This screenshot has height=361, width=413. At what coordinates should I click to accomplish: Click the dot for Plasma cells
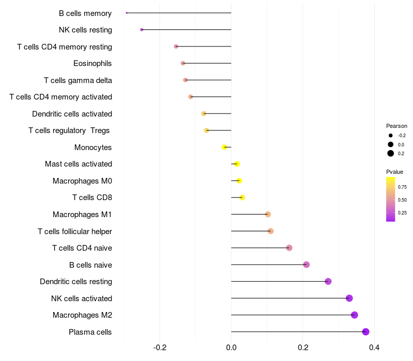coord(366,332)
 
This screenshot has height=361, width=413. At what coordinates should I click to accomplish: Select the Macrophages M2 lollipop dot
coord(354,315)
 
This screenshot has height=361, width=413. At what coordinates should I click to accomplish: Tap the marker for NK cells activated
coord(349,298)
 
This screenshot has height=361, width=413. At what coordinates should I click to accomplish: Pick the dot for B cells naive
coord(306,265)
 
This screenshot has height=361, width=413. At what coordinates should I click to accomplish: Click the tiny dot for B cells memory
coord(126,13)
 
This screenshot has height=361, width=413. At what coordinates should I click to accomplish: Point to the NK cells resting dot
coord(141,30)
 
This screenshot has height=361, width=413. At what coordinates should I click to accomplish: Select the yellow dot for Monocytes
coord(224,147)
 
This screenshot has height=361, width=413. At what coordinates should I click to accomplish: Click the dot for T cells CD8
coord(242,198)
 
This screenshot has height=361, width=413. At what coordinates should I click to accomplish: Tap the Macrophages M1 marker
coord(267,214)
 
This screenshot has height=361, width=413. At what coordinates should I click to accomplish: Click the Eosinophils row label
coord(92,63)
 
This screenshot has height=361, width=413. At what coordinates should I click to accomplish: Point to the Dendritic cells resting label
coord(76,282)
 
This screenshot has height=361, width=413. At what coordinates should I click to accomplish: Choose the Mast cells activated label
coord(78,164)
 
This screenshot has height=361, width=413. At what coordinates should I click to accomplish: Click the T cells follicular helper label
coord(75,231)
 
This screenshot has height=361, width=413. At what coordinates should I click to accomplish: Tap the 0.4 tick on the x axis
coord(374,347)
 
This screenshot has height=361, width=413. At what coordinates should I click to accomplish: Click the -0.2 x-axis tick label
coord(160,347)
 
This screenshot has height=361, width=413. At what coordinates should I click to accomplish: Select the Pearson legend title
coord(396,126)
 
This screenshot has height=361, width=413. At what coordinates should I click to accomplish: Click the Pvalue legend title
coord(394,172)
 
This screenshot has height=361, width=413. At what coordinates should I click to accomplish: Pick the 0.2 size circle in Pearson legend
coord(391,153)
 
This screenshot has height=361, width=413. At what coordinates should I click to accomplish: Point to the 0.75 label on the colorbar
coord(402,187)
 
